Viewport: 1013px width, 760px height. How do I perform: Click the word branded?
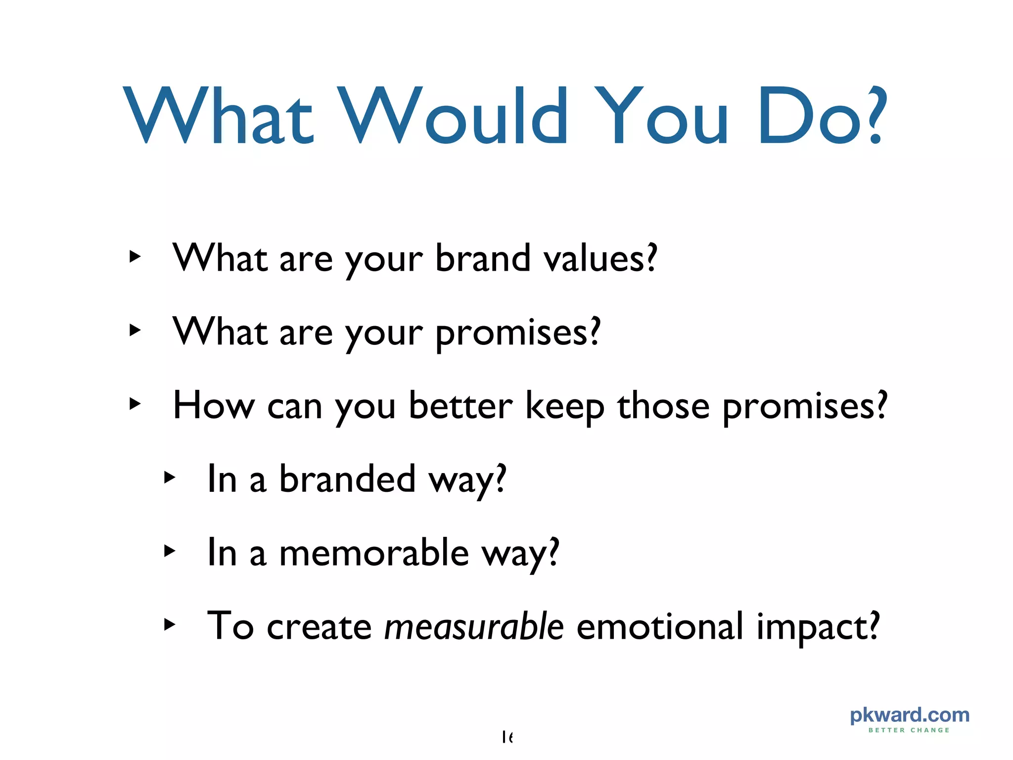coord(347,479)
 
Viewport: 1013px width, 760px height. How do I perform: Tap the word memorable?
coord(374,553)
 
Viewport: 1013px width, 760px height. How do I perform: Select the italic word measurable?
coord(474,626)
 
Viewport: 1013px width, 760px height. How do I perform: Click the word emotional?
coord(660,626)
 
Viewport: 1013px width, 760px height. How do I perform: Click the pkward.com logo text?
coord(909,715)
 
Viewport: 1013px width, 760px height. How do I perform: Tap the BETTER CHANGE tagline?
coord(909,730)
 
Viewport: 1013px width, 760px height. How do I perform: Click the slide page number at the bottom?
coord(507,737)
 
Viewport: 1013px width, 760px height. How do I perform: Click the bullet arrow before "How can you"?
coord(135,404)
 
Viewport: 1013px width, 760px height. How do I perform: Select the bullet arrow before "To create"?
coord(169,624)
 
